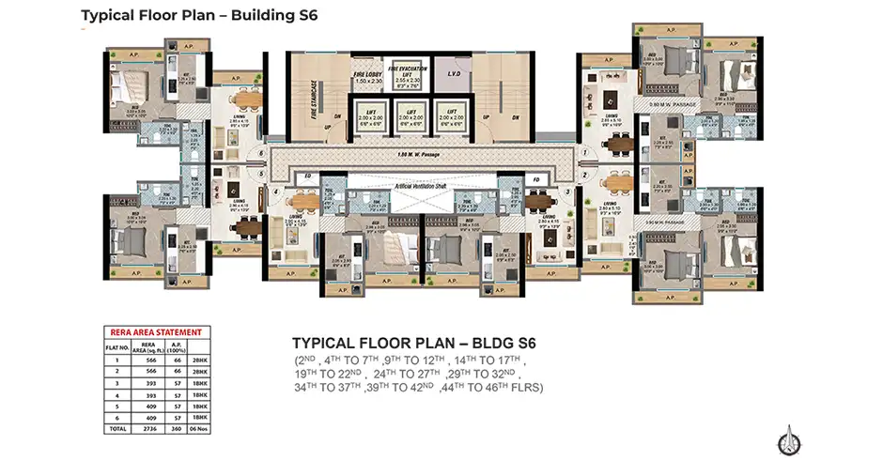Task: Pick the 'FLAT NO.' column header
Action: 117,346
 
